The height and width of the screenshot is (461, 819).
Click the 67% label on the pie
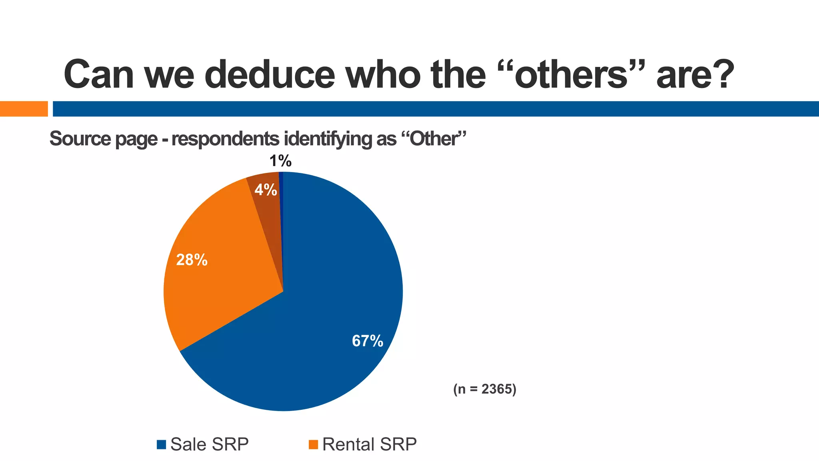click(368, 341)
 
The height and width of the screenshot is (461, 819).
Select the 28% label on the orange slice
click(192, 260)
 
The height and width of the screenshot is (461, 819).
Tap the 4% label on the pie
click(266, 190)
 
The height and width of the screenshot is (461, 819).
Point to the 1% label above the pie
click(280, 161)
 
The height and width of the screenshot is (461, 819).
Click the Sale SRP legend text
click(209, 444)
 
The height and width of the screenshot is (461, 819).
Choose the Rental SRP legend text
click(369, 444)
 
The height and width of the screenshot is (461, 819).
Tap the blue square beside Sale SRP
click(161, 445)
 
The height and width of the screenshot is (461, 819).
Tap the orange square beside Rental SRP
click(314, 445)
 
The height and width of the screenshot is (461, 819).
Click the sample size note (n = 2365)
click(485, 389)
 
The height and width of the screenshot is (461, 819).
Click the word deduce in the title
click(270, 74)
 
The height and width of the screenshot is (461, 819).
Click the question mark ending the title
click(722, 74)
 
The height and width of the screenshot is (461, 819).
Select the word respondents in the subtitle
click(225, 139)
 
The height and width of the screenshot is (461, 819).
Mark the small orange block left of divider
click(24, 109)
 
